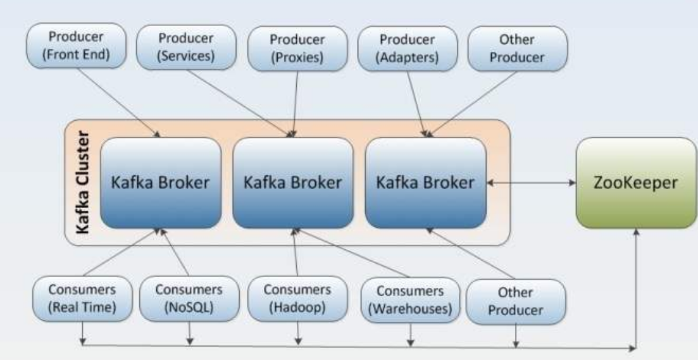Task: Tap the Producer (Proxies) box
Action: pyautogui.click(x=296, y=48)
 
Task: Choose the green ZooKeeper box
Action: pyautogui.click(x=636, y=183)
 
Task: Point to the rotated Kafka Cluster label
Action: pyautogui.click(x=83, y=182)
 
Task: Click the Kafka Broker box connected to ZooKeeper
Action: pyautogui.click(x=425, y=183)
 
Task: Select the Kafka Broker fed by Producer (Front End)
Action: pyautogui.click(x=160, y=183)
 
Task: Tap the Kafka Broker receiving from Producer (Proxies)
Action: pyautogui.click(x=292, y=183)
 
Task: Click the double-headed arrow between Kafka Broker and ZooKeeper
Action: pyautogui.click(x=531, y=183)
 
